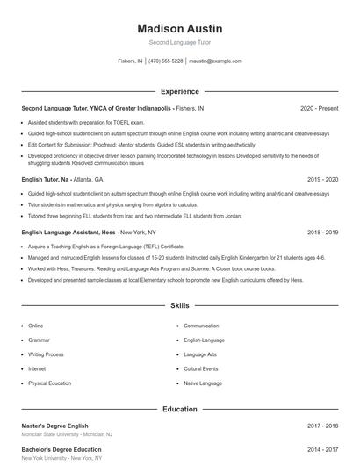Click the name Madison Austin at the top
(180, 29)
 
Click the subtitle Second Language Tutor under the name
(180, 42)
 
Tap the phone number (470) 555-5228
(166, 61)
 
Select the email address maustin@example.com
(215, 61)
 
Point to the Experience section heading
(180, 91)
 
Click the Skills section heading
(180, 306)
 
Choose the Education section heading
(180, 409)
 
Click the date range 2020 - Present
(319, 108)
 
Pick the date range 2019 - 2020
(322, 179)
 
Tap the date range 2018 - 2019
(322, 232)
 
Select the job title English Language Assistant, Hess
(68, 232)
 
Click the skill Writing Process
(46, 354)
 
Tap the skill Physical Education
(50, 383)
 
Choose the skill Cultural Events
(201, 369)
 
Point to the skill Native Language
(203, 383)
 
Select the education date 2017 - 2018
(322, 426)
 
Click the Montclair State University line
(67, 435)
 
